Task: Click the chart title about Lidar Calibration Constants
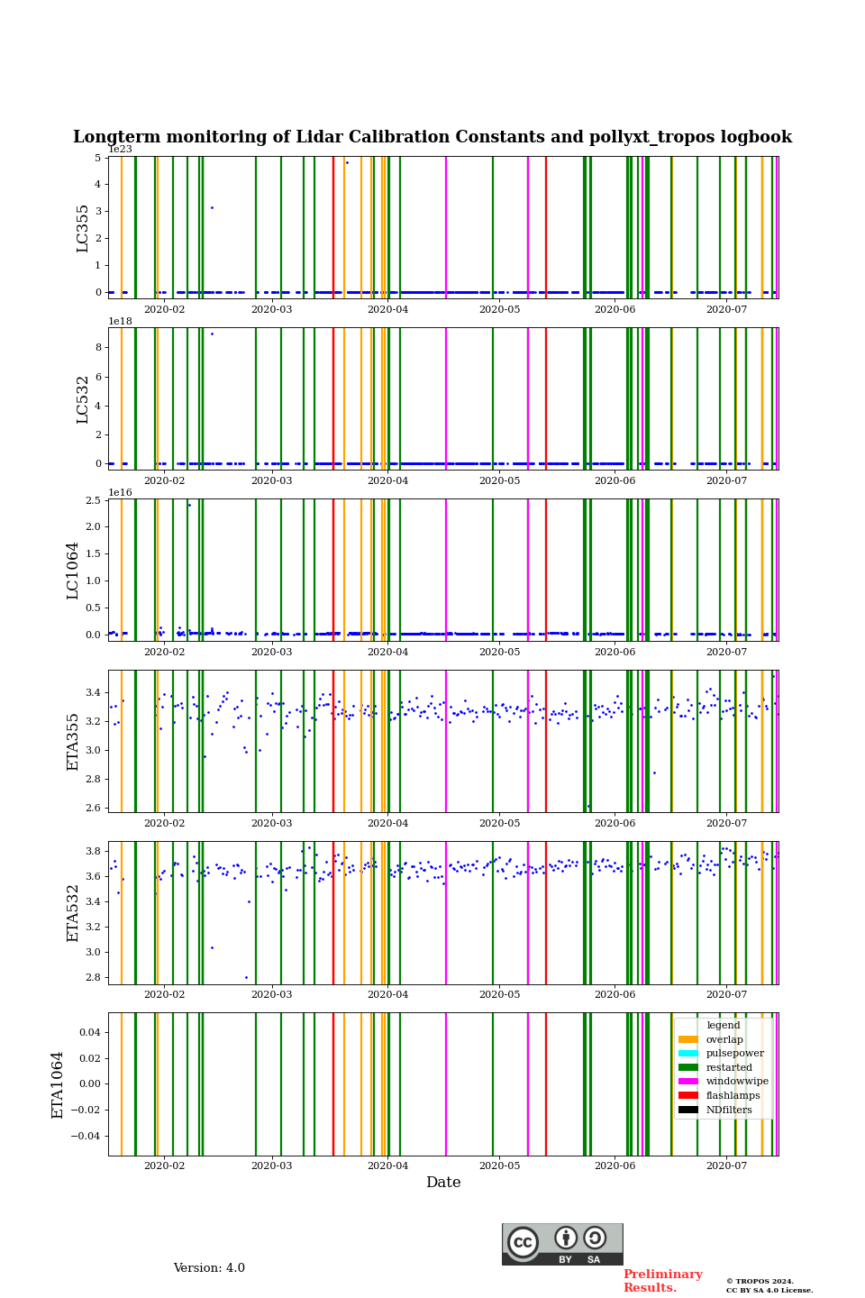(x=432, y=137)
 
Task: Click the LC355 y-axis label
(x=83, y=228)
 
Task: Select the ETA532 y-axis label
(x=73, y=912)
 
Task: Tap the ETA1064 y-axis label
(x=58, y=1084)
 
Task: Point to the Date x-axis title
(x=443, y=1183)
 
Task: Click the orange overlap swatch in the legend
(x=688, y=1039)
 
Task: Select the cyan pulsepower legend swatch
(x=688, y=1054)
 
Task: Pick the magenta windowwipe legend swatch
(x=688, y=1082)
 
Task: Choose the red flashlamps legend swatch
(x=688, y=1096)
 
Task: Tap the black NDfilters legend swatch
(x=688, y=1110)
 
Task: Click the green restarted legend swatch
(x=688, y=1067)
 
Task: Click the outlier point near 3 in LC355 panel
(x=212, y=207)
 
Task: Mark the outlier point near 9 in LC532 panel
(x=212, y=334)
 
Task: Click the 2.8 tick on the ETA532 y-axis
(x=94, y=977)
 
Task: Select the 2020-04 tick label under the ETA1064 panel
(x=387, y=1166)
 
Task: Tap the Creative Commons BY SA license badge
(x=562, y=1244)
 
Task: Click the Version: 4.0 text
(x=209, y=1268)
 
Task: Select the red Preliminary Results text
(x=662, y=1281)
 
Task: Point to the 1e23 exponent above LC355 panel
(x=120, y=150)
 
